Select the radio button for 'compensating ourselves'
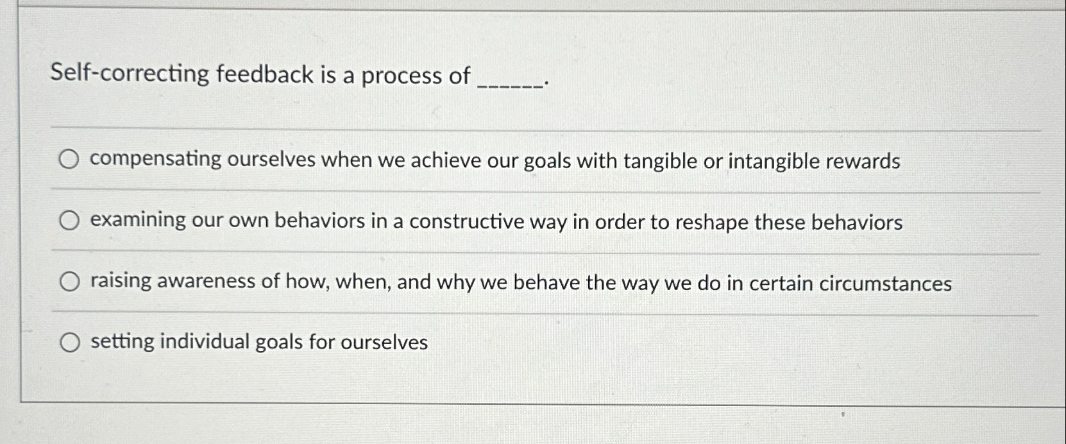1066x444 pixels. [x=69, y=160]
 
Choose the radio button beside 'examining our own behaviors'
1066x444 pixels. [x=69, y=221]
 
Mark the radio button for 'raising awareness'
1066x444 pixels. [x=69, y=282]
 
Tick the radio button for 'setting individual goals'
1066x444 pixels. [x=69, y=343]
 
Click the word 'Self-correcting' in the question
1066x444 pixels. [x=130, y=74]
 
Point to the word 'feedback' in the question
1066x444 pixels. [x=264, y=74]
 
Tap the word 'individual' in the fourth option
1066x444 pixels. [x=205, y=342]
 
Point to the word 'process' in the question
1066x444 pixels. [x=402, y=76]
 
